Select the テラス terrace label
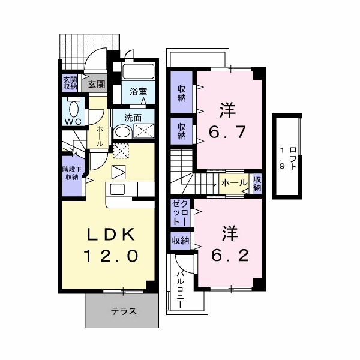(x=124, y=311)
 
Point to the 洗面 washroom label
(x=133, y=118)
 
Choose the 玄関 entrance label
(x=97, y=84)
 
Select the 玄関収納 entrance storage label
(x=70, y=83)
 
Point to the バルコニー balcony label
(x=179, y=287)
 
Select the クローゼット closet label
(x=181, y=212)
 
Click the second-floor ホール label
(x=233, y=182)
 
